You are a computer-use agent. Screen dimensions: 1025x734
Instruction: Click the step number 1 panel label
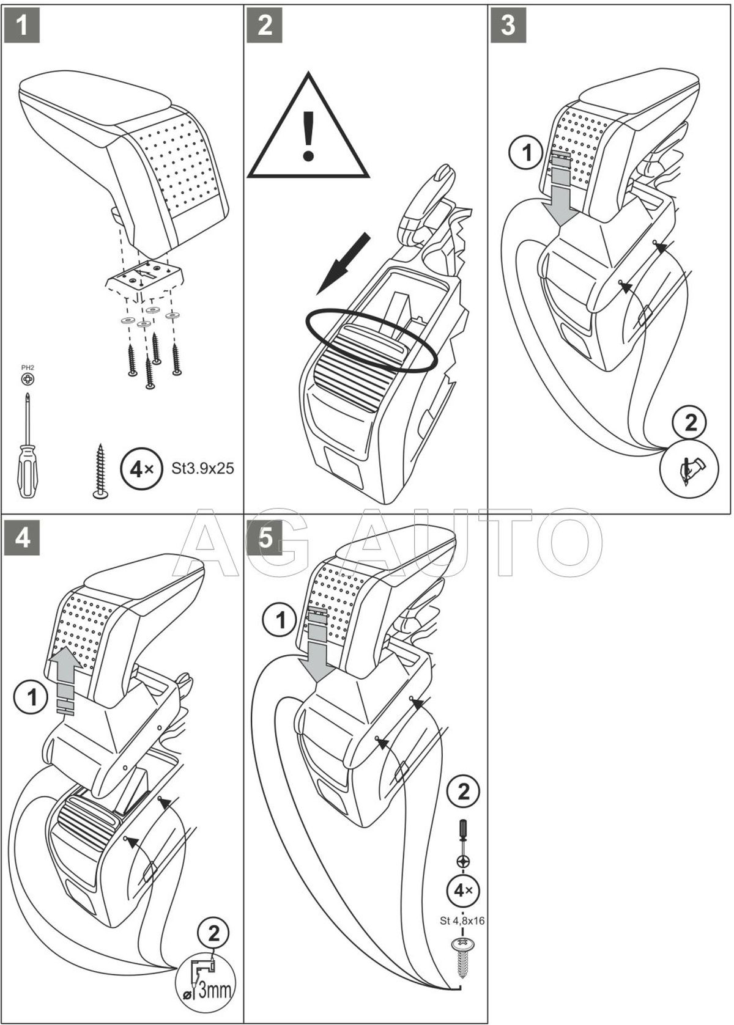coord(22,26)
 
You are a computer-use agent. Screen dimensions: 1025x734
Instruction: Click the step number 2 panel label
coord(265,26)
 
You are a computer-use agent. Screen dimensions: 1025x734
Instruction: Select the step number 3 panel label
coord(508,26)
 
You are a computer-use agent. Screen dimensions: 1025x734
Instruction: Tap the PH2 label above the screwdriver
coord(28,368)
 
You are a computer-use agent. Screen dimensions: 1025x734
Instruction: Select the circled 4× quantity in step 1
coord(138,469)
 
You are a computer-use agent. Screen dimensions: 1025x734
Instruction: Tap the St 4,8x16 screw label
coord(462,920)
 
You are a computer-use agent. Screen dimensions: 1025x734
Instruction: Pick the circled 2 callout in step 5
coord(464,793)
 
